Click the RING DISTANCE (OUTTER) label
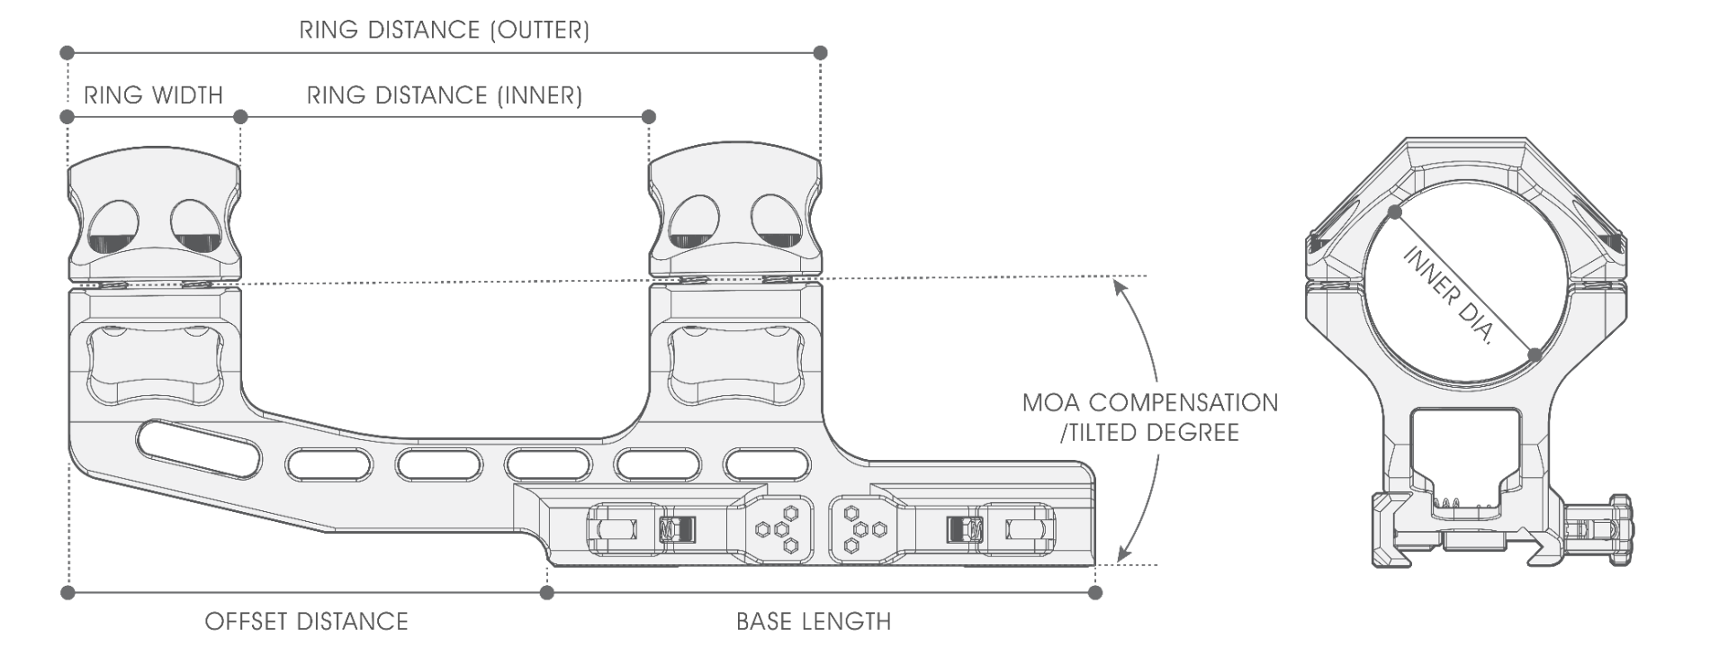[445, 31]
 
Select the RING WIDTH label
[153, 95]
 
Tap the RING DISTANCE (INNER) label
[445, 95]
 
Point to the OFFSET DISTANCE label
[307, 621]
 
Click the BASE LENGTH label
[814, 621]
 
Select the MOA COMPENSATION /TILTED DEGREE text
[1150, 417]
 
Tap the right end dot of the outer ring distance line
[820, 53]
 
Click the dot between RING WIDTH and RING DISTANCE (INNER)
[240, 117]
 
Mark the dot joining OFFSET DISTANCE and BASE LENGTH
[546, 592]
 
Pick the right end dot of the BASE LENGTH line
[1095, 592]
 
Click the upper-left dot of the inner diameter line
[1394, 212]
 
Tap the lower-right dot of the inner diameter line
[1535, 355]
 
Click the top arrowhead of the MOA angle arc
[1117, 285]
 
